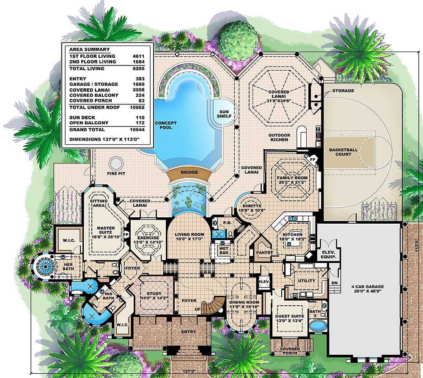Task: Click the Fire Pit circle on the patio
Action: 116,164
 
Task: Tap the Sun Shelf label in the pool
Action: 224,114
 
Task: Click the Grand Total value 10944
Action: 137,130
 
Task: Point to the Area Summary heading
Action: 90,49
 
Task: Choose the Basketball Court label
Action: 343,152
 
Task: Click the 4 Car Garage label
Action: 367,289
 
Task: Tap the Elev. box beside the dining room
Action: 264,282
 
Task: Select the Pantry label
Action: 264,252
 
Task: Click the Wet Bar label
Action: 224,251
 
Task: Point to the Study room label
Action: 154,296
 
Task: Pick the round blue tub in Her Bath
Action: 45,267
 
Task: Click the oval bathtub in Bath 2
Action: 318,326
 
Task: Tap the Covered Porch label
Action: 290,351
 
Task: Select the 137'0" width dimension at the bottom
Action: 189,371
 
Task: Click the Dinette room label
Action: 252,208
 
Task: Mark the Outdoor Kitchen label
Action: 279,137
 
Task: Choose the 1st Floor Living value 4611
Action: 138,56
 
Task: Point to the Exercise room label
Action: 148,240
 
